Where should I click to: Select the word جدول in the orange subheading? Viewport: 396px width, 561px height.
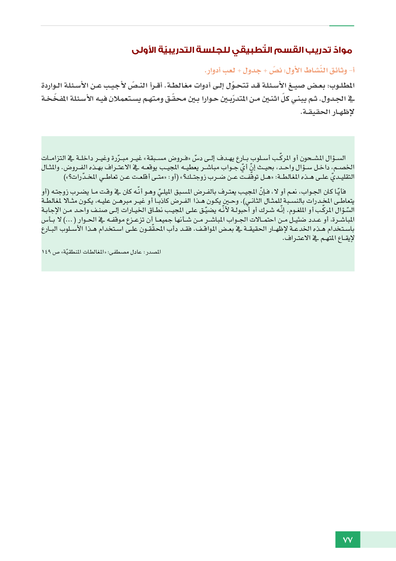pyautogui.click(x=252, y=71)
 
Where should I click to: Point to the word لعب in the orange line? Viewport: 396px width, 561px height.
pyautogui.click(x=229, y=71)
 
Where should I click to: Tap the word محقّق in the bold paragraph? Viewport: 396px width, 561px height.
pyautogui.click(x=176, y=99)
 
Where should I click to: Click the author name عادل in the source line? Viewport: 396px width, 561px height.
pyautogui.click(x=136, y=252)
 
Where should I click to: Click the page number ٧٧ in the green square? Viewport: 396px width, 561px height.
pyautogui.click(x=347, y=540)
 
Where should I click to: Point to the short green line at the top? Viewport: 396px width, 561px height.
pyautogui.click(x=341, y=26)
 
